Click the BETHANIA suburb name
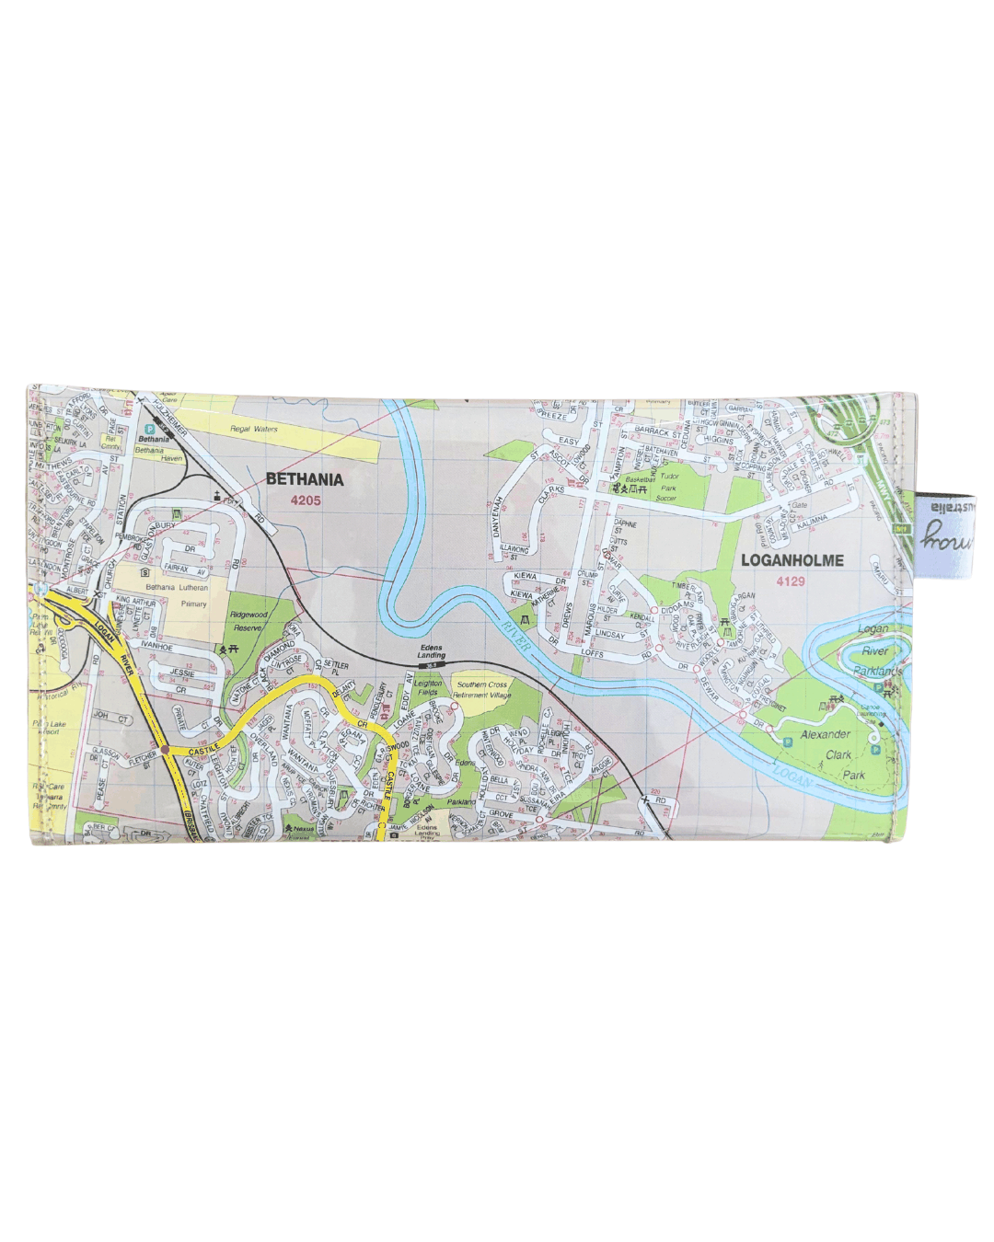305,479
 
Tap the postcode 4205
305,500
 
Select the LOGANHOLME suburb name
792,559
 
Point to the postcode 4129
790,581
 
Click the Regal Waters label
253,429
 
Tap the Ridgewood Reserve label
248,621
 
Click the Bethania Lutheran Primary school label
177,595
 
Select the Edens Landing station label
431,651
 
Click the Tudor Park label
667,483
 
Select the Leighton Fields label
428,688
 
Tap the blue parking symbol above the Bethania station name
149,429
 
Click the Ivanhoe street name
156,648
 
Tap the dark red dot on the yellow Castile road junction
165,751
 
